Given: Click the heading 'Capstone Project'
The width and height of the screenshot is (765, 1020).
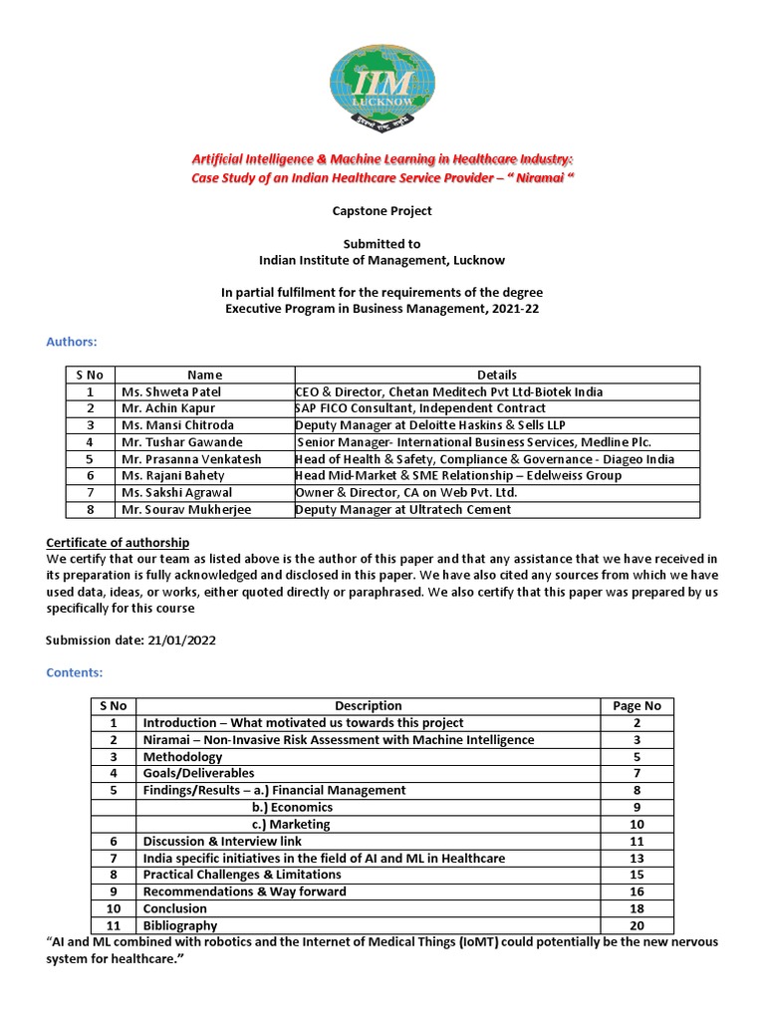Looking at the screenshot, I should coord(382,211).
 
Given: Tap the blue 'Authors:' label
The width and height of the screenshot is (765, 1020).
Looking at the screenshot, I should coord(72,342).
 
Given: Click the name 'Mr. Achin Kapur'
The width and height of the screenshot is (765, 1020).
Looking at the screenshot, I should coord(167,408).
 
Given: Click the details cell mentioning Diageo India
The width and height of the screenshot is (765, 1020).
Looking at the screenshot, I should coord(484,459).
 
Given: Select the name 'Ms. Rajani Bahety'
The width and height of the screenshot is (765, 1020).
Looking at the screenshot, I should coord(173,476).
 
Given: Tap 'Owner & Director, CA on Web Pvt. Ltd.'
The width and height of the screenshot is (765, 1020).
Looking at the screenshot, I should coord(406,493).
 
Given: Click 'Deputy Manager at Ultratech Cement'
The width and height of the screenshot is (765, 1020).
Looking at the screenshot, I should coord(402,510).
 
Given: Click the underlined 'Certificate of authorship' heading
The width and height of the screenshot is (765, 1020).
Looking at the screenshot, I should coord(118,542).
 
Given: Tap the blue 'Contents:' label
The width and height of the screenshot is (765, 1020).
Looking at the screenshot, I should coord(75,672).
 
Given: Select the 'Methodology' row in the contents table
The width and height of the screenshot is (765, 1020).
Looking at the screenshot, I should coord(182,756).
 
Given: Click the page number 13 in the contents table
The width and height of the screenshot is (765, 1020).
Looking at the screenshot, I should coord(637,858).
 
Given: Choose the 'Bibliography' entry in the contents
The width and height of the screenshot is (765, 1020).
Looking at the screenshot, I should coord(180,925).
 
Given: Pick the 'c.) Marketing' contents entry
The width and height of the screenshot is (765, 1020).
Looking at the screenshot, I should coord(290,824).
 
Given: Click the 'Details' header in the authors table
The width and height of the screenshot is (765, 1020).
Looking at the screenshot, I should coord(496,375).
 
